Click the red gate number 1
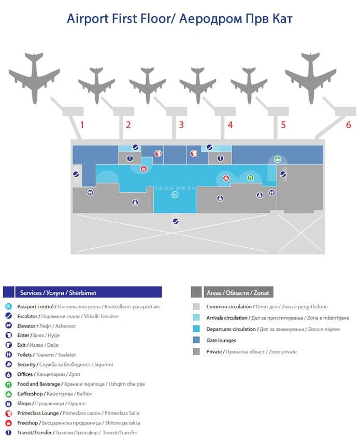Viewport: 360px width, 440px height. (x=82, y=124)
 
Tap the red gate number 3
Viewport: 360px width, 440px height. (x=181, y=124)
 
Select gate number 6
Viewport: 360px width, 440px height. (x=349, y=124)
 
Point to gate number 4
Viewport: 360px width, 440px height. (x=230, y=124)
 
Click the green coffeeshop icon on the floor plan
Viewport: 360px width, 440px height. (x=278, y=159)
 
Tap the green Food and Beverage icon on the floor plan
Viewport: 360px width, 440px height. (x=250, y=178)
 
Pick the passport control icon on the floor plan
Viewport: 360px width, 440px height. (x=175, y=194)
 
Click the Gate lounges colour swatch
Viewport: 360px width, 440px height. (x=196, y=340)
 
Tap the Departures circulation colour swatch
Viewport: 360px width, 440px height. (x=196, y=329)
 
